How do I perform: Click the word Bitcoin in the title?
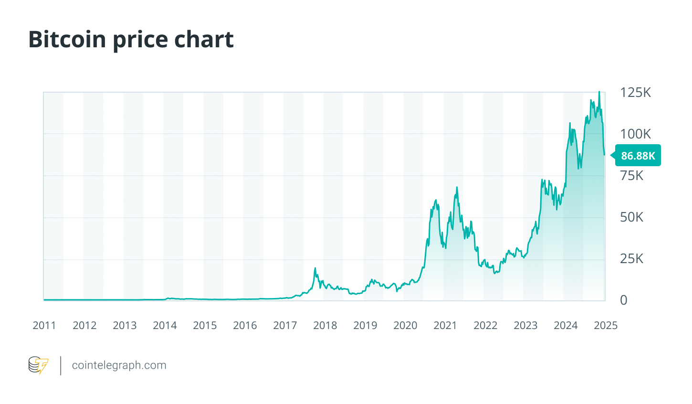67,39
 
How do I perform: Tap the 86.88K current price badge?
638,156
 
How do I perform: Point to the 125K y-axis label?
635,92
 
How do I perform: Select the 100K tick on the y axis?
635,134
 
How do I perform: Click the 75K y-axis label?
631,176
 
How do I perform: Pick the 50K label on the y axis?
631,217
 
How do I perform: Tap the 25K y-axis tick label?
631,259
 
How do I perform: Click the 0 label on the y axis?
623,300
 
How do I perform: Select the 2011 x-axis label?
44,326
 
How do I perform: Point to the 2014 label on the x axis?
165,326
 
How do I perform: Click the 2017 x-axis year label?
285,326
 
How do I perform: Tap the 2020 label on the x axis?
405,326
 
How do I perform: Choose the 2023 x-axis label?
525,326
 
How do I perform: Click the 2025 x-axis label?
606,326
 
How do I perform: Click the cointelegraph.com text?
119,365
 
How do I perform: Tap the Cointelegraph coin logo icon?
38,365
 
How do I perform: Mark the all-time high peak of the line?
599,92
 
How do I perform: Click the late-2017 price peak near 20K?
315,268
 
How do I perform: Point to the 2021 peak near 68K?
457,187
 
